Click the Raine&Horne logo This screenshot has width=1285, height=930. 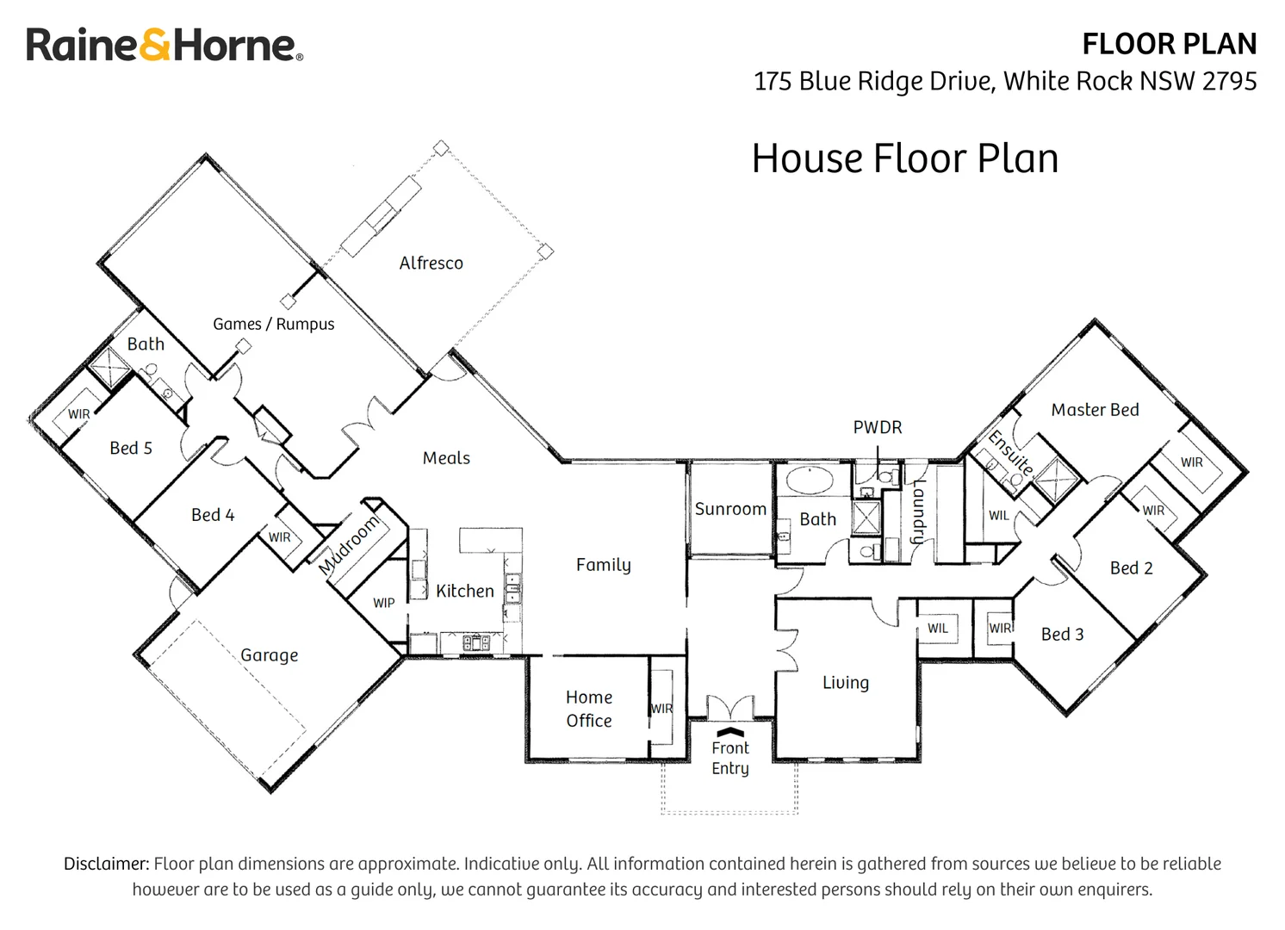[x=165, y=45]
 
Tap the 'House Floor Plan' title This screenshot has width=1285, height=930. [x=904, y=158]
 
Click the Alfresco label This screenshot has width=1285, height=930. [x=431, y=263]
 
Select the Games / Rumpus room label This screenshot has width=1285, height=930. [x=274, y=324]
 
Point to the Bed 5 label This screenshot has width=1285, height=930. [x=131, y=448]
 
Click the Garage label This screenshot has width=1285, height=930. [x=269, y=655]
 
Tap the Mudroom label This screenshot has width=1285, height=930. [x=349, y=544]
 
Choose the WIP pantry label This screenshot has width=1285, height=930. [x=384, y=603]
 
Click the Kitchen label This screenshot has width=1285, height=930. [x=465, y=591]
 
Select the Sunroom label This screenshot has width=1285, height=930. [x=730, y=509]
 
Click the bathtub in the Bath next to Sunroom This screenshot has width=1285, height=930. [x=810, y=480]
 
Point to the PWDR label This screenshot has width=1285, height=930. [x=877, y=427]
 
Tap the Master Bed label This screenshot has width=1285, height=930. [x=1096, y=410]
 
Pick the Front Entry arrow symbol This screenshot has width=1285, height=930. [x=730, y=732]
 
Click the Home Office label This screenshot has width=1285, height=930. [x=589, y=709]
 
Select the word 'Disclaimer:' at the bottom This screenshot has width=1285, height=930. [x=106, y=864]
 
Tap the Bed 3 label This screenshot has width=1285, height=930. [x=1063, y=634]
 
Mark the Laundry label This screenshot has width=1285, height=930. [x=919, y=512]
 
